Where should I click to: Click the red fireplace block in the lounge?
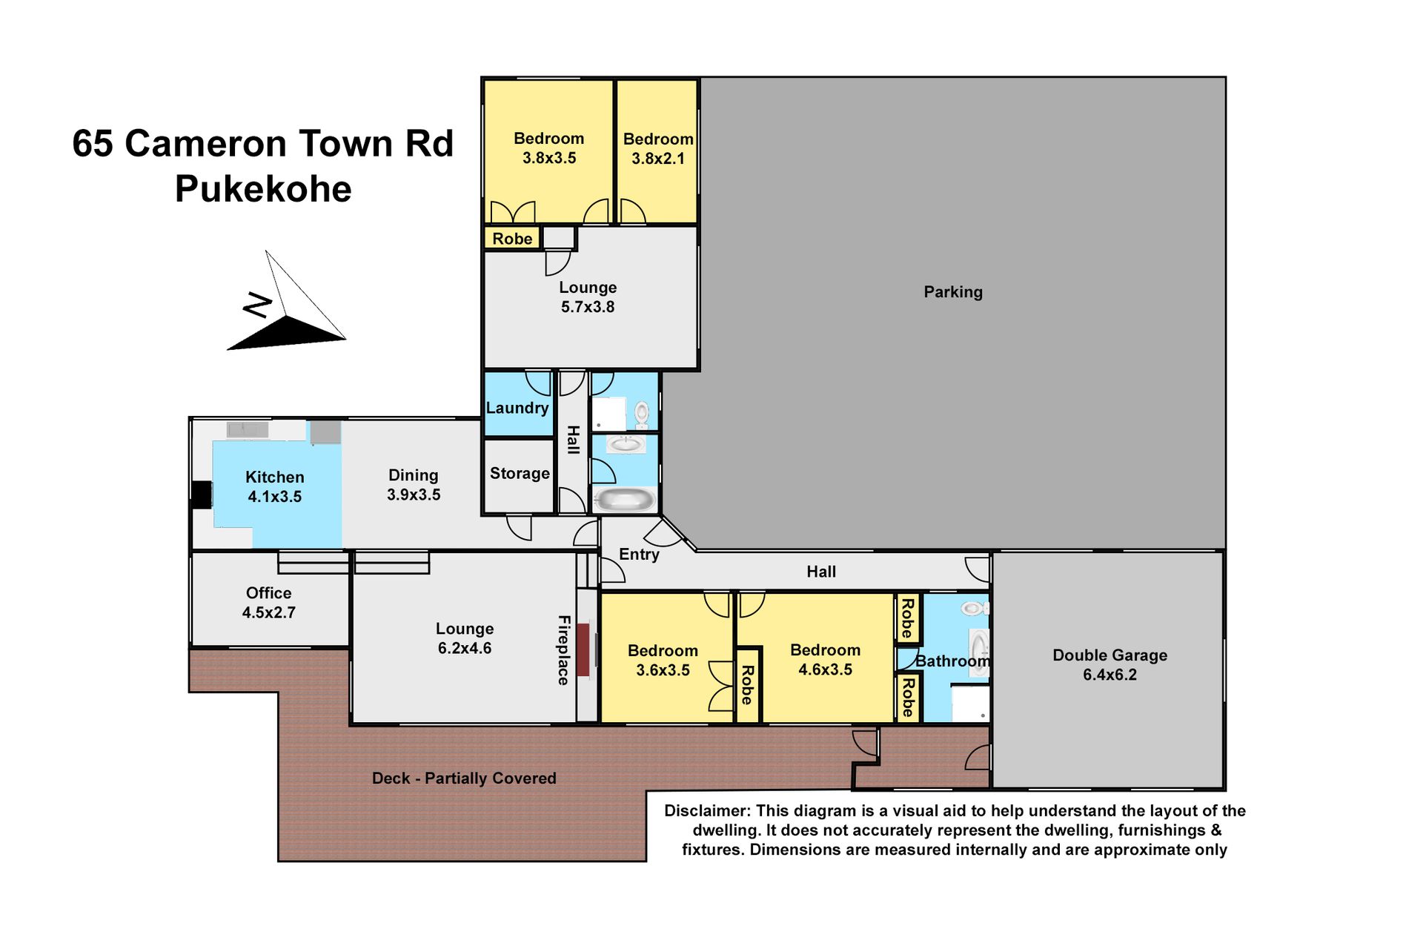[583, 649]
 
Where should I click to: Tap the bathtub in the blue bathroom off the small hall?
[624, 499]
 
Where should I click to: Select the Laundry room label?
[517, 408]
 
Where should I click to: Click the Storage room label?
[520, 473]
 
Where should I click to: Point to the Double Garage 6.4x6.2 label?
[1109, 665]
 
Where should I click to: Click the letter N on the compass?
[258, 305]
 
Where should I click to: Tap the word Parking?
[953, 292]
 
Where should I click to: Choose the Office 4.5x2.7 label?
[268, 603]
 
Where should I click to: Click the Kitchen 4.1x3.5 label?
[274, 487]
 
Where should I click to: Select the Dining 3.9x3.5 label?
[414, 485]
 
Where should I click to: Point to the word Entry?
[639, 555]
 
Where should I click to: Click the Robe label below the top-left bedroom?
[512, 239]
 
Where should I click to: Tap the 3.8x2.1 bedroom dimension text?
[658, 159]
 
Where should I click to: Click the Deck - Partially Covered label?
[464, 778]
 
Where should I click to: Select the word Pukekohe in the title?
[263, 189]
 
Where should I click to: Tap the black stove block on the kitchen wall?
[202, 495]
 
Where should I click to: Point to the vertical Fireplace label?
[563, 650]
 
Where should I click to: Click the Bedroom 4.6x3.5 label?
[825, 660]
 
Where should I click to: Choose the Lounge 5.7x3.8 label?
[588, 297]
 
